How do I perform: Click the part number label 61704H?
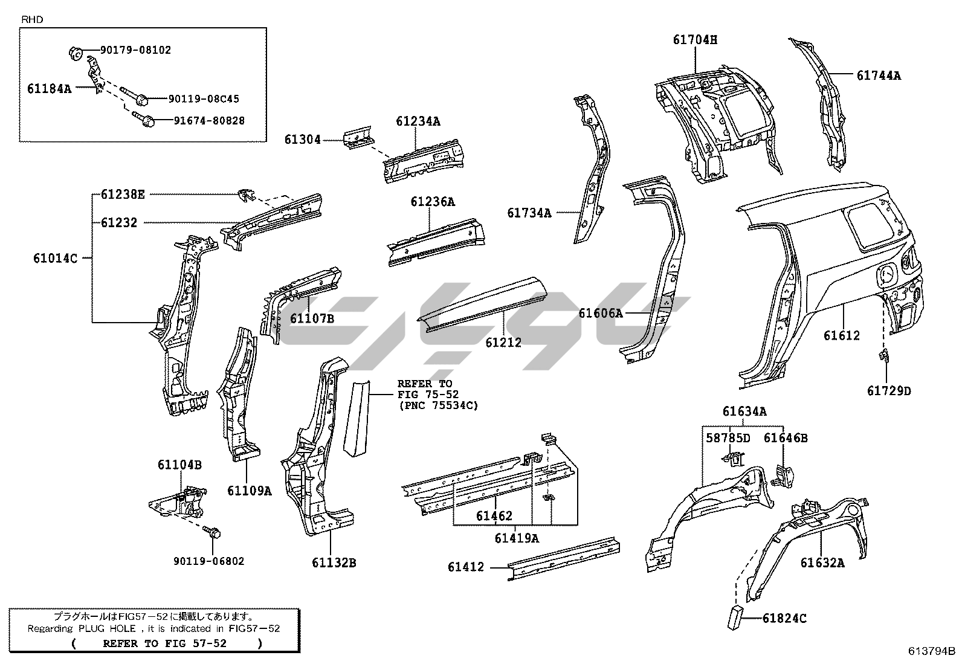tap(695, 40)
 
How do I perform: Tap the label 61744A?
tap(878, 76)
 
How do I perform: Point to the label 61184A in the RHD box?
tap(49, 88)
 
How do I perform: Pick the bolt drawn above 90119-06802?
tap(215, 532)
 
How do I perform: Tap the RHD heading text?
tap(32, 19)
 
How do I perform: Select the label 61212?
tap(503, 343)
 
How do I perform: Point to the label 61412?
tap(466, 567)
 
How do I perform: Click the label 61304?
tap(303, 140)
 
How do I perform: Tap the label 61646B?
tap(786, 438)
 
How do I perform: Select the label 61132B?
tap(334, 563)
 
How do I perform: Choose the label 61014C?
tap(55, 259)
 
